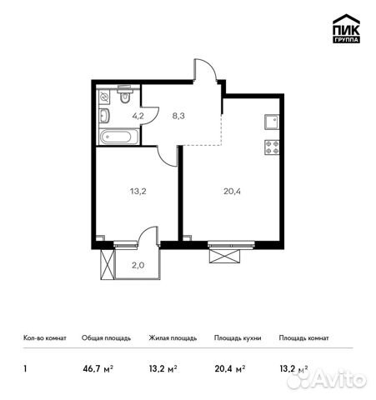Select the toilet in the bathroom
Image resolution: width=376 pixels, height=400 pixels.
point(123,97)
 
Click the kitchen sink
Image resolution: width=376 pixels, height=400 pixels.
point(272,122)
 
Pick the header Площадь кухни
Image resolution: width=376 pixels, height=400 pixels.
point(237,338)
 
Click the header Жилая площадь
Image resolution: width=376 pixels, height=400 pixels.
point(173,338)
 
